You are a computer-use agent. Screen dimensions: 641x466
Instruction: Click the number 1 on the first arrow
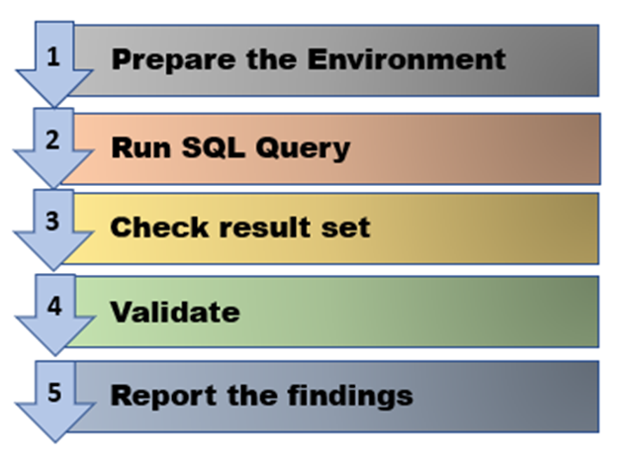[53, 56]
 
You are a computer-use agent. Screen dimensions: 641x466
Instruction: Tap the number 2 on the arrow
[52, 140]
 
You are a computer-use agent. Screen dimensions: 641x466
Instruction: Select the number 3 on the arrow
[52, 222]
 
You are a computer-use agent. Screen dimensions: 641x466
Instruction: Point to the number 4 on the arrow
[54, 306]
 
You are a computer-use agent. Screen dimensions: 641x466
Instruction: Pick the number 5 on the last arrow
[54, 393]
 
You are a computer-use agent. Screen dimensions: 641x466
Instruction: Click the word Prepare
[174, 60]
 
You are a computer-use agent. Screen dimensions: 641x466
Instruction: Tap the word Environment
[407, 59]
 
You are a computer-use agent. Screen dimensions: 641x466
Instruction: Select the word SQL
[214, 147]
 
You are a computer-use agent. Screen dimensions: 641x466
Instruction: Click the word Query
[303, 148]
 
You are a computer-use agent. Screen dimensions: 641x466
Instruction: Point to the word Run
[141, 147]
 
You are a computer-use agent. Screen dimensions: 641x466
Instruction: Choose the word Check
[159, 227]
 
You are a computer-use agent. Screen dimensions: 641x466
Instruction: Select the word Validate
[175, 312]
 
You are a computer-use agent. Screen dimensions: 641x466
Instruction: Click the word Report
[163, 396]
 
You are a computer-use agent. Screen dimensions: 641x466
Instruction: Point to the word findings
[350, 396]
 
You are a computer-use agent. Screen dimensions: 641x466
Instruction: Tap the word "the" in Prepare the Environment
[271, 59]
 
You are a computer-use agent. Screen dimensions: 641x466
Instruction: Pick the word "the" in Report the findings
[252, 395]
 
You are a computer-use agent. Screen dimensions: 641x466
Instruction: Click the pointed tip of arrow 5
[55, 442]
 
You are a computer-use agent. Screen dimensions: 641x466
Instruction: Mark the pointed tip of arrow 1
[54, 107]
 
